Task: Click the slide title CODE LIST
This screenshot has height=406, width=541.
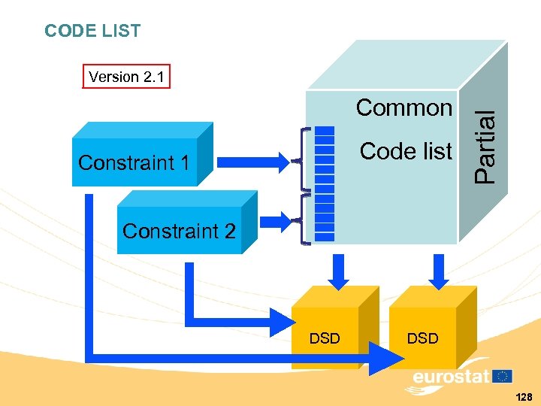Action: [92, 31]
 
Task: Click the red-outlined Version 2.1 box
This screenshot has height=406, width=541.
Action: [126, 77]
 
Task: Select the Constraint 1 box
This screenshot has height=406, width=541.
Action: [134, 162]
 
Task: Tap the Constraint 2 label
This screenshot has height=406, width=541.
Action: [179, 231]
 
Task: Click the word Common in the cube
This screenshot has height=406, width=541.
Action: [404, 108]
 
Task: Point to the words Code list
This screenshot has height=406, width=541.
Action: [406, 151]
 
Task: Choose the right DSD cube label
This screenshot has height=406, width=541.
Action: [422, 338]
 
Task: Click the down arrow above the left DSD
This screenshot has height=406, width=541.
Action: [338, 270]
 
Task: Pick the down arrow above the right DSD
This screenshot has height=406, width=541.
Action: [437, 270]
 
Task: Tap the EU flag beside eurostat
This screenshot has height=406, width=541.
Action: [503, 375]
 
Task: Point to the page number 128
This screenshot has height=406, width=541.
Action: [524, 396]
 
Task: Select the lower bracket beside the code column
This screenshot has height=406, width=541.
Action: [304, 220]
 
